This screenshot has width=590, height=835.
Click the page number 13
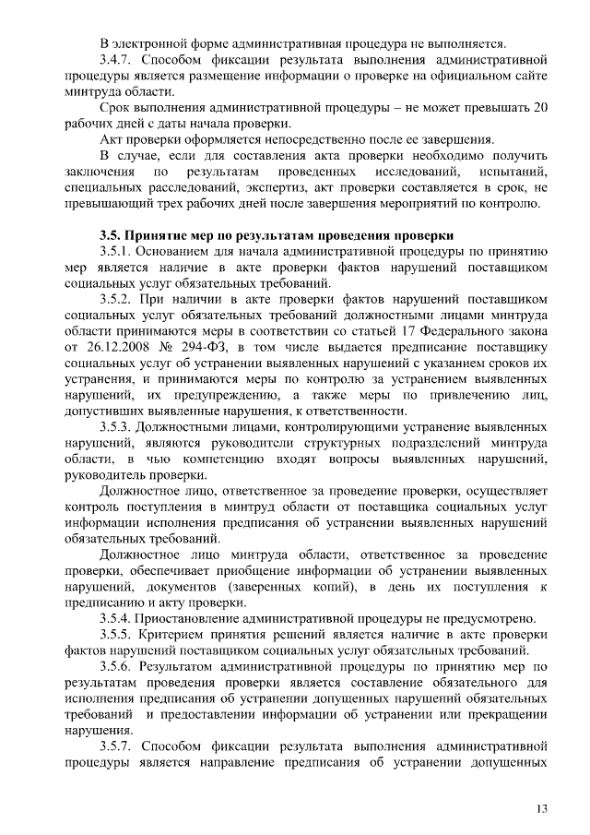(542, 809)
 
